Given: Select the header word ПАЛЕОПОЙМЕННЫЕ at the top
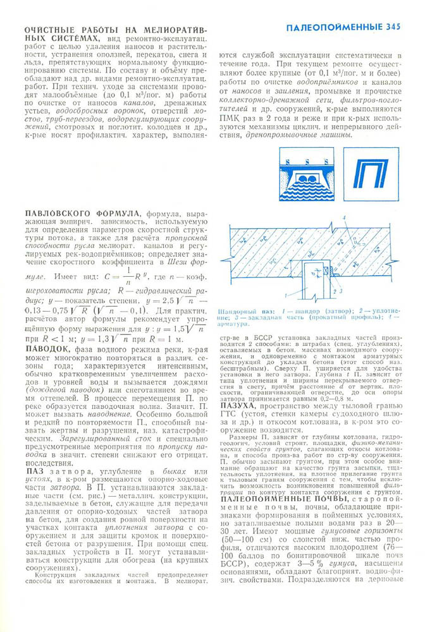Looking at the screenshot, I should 332,27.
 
